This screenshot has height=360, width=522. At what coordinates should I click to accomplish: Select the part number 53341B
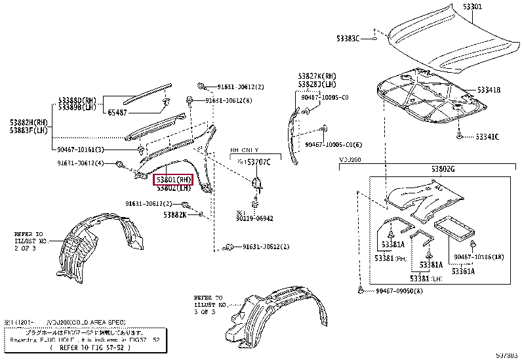coord(488,89)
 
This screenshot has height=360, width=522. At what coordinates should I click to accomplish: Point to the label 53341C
coord(487,136)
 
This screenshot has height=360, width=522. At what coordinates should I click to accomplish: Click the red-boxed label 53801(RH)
coord(172,179)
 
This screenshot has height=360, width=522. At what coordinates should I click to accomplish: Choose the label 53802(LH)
coord(173,189)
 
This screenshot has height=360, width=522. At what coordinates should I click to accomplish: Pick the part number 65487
coord(122,113)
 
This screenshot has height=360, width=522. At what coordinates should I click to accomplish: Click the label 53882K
coord(175,214)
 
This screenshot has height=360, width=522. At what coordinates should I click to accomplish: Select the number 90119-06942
coord(256,219)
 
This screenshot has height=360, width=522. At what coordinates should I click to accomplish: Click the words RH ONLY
coord(244,150)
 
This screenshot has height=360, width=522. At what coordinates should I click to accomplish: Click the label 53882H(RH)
coord(29,123)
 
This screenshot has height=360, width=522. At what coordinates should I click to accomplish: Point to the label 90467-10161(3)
coord(81,150)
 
